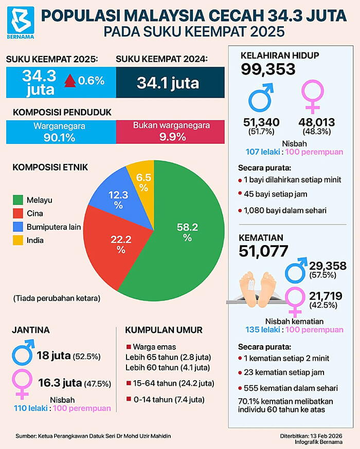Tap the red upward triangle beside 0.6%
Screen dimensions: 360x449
(x=70, y=81)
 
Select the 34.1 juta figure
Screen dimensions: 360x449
(x=168, y=83)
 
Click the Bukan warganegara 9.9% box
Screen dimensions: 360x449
(x=170, y=132)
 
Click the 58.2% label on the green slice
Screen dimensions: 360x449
(x=187, y=232)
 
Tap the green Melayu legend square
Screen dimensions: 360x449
(x=18, y=200)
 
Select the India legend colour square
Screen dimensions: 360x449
(x=18, y=240)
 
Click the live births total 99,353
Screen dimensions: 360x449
(x=268, y=69)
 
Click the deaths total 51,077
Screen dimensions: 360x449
(x=263, y=251)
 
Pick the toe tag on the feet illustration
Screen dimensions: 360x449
(x=251, y=285)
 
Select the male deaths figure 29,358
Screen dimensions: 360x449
(x=328, y=266)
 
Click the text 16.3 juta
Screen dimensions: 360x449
(x=60, y=383)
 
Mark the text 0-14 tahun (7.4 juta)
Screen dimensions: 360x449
(x=169, y=400)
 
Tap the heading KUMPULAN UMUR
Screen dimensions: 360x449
(x=164, y=330)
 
